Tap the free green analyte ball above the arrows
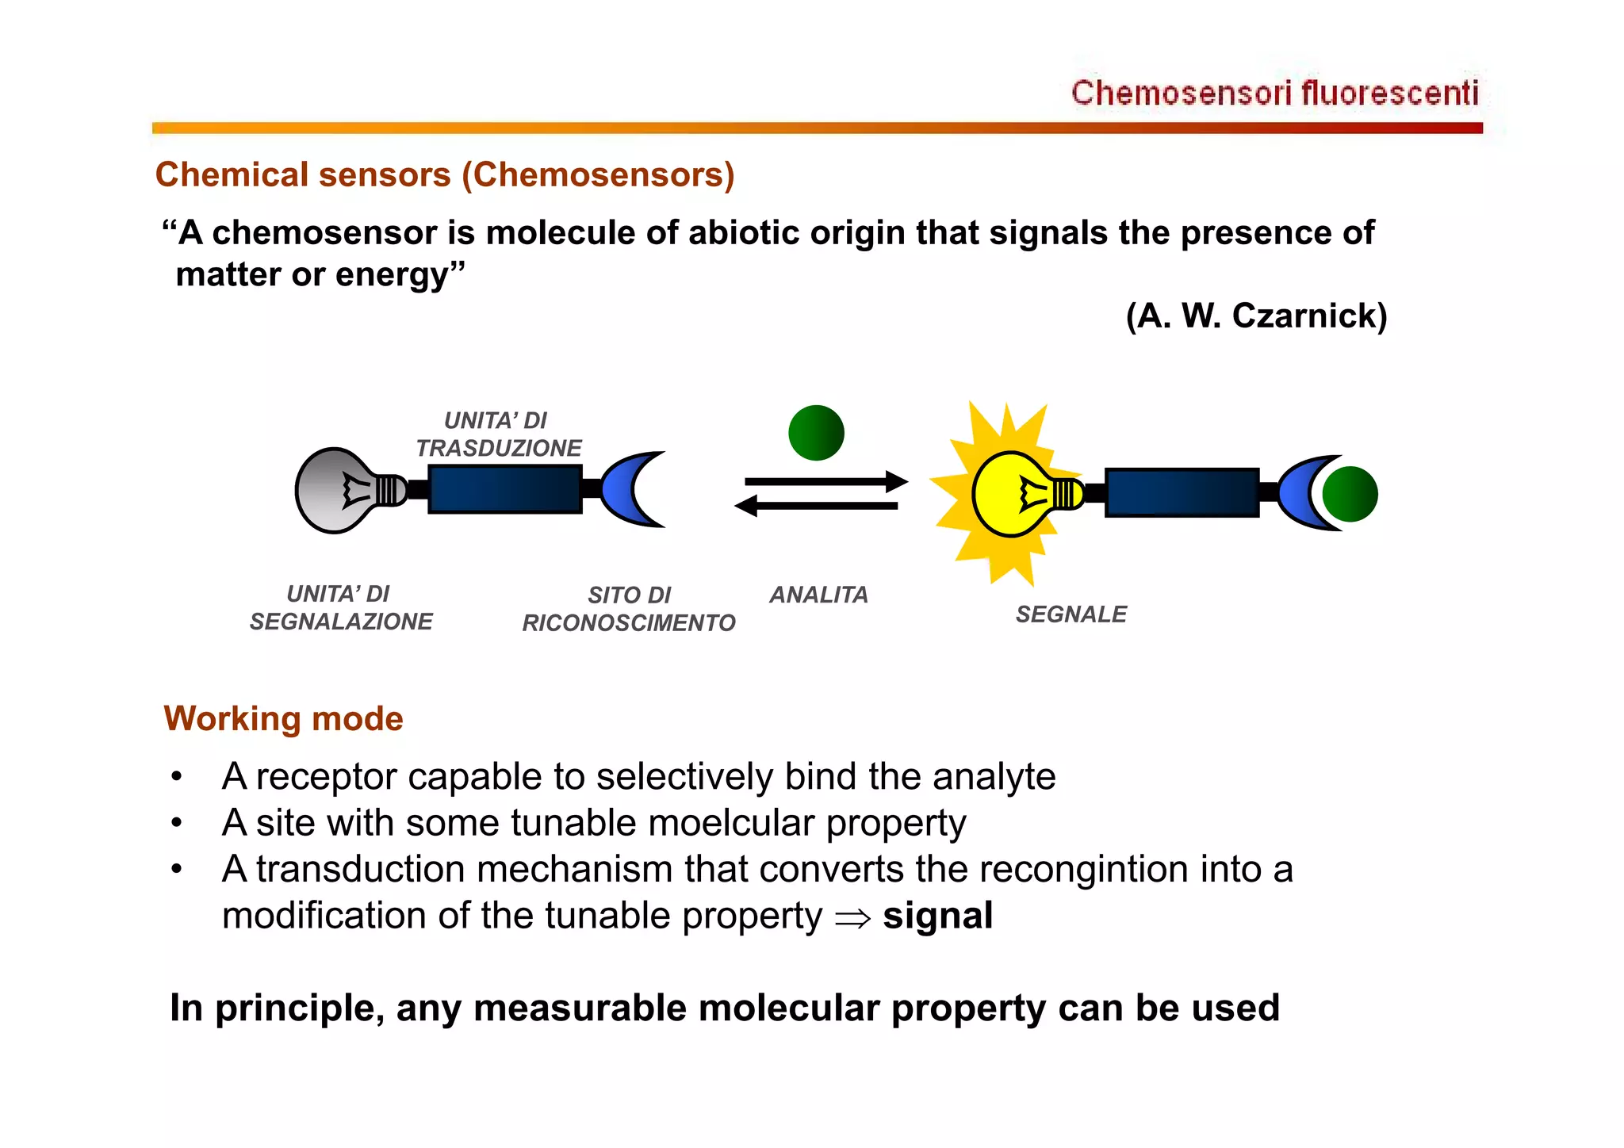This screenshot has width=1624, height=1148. click(x=816, y=432)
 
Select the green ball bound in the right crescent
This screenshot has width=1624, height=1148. click(x=1350, y=494)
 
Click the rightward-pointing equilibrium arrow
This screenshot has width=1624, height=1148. click(x=825, y=481)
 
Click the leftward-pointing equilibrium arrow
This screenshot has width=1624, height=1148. click(x=817, y=506)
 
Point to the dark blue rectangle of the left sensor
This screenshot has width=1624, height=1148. click(x=505, y=489)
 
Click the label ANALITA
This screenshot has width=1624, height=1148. click(x=818, y=595)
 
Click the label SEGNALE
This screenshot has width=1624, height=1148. click(x=1071, y=614)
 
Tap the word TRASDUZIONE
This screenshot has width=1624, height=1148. click(x=499, y=448)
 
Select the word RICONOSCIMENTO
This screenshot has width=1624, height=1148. click(x=628, y=623)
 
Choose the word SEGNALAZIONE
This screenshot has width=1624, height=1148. click(x=341, y=622)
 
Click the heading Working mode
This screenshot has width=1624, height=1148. click(x=283, y=718)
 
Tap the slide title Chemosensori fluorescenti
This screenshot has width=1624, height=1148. click(x=1274, y=93)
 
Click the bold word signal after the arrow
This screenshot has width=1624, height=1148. click(x=937, y=916)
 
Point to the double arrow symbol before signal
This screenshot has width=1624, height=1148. click(x=852, y=919)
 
